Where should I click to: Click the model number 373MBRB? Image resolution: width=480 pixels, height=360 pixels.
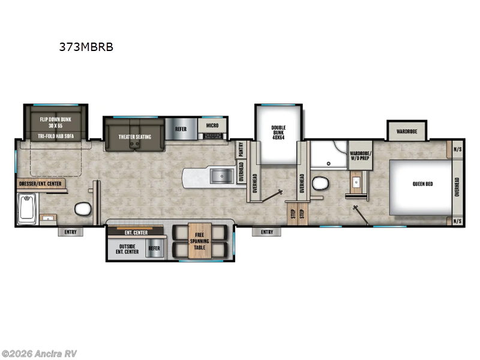(86, 46)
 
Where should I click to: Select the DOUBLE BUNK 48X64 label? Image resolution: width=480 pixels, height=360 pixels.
(278, 132)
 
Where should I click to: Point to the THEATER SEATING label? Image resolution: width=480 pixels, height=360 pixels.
(134, 137)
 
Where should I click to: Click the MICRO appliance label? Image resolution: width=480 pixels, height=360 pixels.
(212, 126)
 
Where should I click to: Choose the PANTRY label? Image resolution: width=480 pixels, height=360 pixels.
(241, 149)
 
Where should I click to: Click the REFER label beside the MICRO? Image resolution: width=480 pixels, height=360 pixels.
(181, 128)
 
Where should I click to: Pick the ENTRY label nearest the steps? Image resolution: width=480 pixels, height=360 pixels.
(266, 232)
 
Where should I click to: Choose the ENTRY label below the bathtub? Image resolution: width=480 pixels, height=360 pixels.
(71, 232)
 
